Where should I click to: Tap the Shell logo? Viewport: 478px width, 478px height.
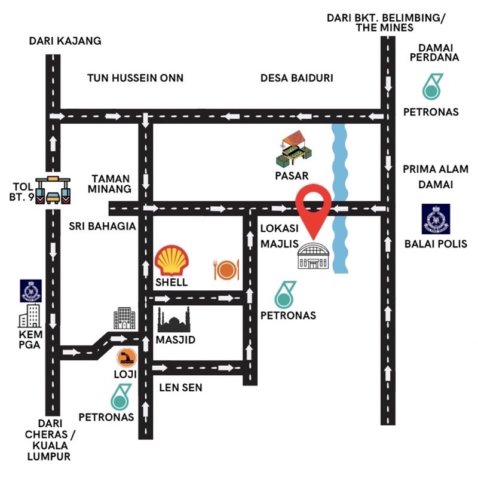coord(172,261)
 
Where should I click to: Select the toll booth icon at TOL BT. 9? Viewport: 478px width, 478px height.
coord(52,191)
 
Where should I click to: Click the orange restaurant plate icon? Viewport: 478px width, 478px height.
coord(226,270)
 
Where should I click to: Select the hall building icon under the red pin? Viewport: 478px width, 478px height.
coord(315,258)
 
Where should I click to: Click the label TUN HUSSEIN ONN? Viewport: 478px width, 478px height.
coord(135,78)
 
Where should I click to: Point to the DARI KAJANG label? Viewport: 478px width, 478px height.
coord(65,41)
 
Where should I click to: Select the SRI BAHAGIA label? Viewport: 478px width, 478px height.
coord(103,227)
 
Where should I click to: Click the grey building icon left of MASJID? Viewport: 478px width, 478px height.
coord(124,318)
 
